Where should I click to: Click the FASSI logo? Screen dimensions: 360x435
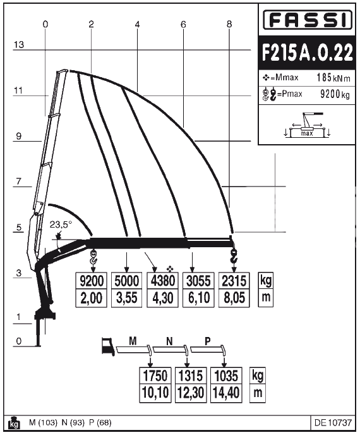(307, 20)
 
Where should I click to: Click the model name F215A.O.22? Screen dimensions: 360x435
(307, 52)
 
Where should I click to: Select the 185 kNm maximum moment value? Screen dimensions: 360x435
(333, 77)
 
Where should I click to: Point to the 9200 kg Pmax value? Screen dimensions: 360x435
(335, 94)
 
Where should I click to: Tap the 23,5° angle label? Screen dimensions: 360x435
(61, 224)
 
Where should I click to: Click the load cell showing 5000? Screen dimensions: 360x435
(127, 281)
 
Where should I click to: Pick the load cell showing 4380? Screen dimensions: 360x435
(163, 281)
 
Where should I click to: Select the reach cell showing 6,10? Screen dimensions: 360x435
(198, 298)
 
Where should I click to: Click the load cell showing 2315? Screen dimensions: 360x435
(234, 281)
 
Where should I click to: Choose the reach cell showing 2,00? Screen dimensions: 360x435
(91, 298)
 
